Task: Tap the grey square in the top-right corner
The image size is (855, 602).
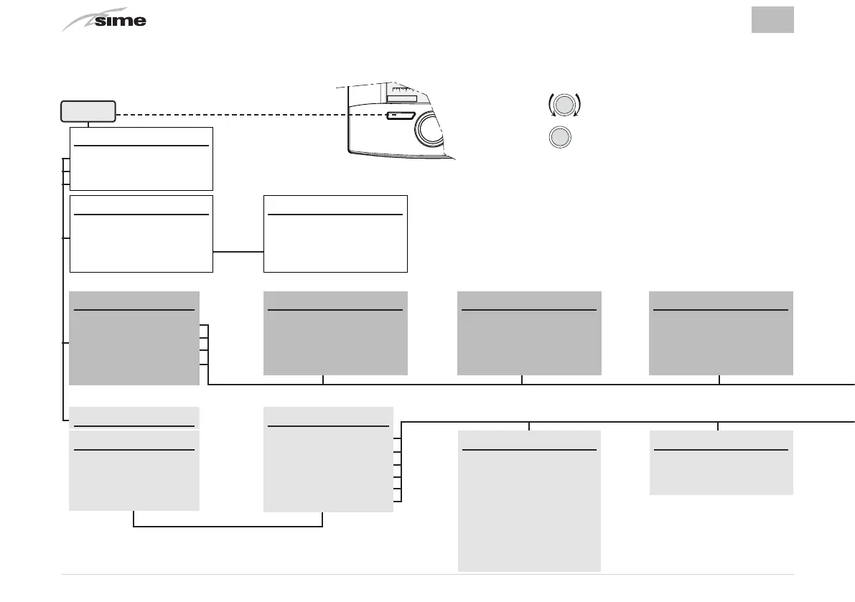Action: click(x=772, y=19)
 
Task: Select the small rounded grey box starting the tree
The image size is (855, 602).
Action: click(x=88, y=111)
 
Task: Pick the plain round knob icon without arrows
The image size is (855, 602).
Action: click(x=561, y=137)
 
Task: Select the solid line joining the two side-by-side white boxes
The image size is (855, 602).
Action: click(x=238, y=252)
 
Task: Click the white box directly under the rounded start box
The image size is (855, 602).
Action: click(x=141, y=159)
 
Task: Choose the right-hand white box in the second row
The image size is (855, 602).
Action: click(x=335, y=233)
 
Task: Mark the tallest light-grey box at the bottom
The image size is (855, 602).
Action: click(x=529, y=500)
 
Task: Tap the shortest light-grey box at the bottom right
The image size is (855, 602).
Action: click(x=721, y=462)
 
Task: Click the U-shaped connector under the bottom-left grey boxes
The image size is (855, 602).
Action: click(x=228, y=526)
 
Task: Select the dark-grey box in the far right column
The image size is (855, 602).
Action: click(x=721, y=333)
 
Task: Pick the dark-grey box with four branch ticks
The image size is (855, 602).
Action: click(x=134, y=337)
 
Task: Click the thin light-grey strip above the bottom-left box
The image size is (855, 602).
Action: click(x=134, y=416)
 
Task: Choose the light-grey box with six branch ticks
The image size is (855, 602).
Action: click(x=328, y=459)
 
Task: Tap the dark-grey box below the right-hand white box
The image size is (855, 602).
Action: click(x=335, y=333)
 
